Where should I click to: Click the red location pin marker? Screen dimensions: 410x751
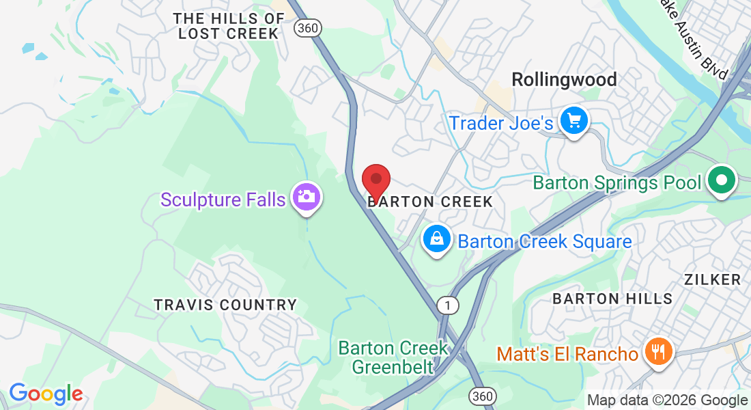(x=375, y=180)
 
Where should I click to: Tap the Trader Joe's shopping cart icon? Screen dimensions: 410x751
(x=574, y=122)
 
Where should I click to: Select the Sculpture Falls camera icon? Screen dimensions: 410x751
(x=307, y=197)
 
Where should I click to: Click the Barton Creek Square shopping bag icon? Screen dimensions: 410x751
(x=436, y=239)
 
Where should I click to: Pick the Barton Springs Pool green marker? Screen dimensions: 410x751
(x=722, y=182)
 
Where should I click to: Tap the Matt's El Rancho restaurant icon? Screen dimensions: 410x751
(x=658, y=352)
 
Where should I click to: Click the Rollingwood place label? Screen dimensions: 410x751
(x=564, y=80)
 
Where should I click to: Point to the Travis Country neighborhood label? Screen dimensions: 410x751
(x=225, y=305)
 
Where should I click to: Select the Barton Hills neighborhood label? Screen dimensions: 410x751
(x=612, y=299)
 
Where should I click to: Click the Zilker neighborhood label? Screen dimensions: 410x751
(x=712, y=279)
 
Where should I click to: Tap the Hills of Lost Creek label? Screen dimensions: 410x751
(x=228, y=26)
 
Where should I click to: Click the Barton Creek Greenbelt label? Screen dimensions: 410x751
(x=394, y=357)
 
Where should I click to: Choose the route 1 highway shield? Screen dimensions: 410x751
(x=448, y=305)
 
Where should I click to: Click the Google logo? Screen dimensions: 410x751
(x=46, y=394)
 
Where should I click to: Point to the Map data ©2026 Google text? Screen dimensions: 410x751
(x=667, y=400)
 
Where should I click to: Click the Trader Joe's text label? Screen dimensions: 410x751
(x=500, y=123)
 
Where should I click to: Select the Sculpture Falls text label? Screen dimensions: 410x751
(x=223, y=200)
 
